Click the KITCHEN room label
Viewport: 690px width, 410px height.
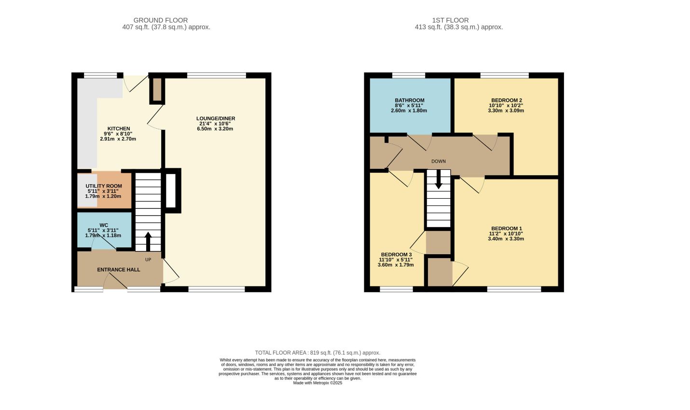[119, 129]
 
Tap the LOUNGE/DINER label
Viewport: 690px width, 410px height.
[216, 119]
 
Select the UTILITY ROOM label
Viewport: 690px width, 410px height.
[104, 186]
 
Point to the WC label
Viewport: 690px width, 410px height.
[104, 225]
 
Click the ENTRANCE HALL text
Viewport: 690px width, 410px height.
[119, 270]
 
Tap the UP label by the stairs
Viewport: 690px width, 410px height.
[148, 260]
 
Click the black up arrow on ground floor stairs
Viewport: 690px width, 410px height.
[148, 242]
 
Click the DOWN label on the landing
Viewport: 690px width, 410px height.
[438, 162]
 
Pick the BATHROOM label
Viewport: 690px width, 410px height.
[410, 100]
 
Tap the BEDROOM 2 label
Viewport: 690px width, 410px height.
[507, 100]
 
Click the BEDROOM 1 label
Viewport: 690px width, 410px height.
[507, 229]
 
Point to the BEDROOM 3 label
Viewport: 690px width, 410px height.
[396, 255]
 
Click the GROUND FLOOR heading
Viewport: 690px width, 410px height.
[161, 20]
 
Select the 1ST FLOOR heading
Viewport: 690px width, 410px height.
[450, 20]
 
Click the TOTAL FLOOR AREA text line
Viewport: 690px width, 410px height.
[317, 353]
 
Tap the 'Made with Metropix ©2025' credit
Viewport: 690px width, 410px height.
[317, 383]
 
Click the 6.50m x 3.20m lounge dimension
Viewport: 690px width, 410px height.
[215, 129]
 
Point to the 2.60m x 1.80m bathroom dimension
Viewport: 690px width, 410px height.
[409, 110]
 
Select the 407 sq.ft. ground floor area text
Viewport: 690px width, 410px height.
[166, 27]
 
